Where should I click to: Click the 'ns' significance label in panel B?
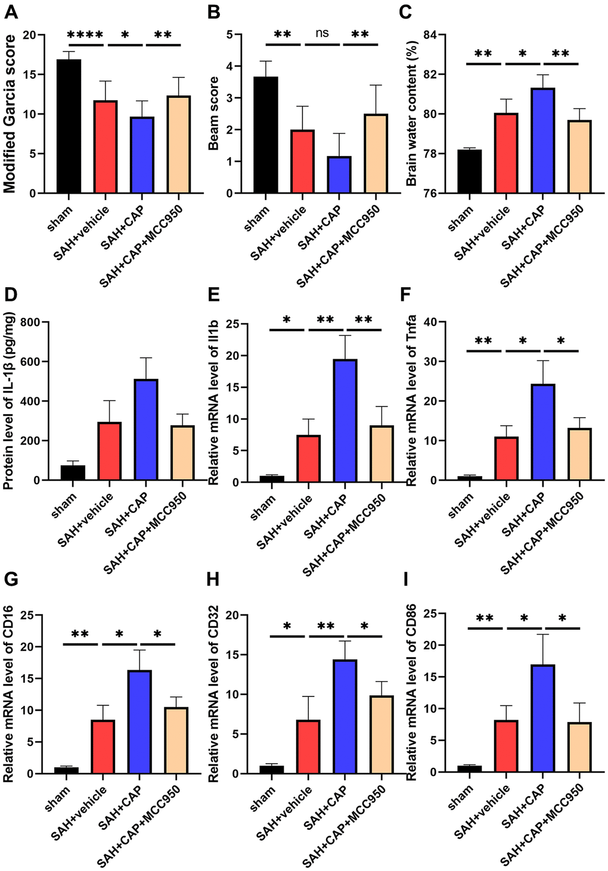coord(321,33)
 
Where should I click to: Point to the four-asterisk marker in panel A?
coord(85,35)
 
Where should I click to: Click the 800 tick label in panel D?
coord(30,322)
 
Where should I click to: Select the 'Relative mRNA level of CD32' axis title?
coord(213,694)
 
